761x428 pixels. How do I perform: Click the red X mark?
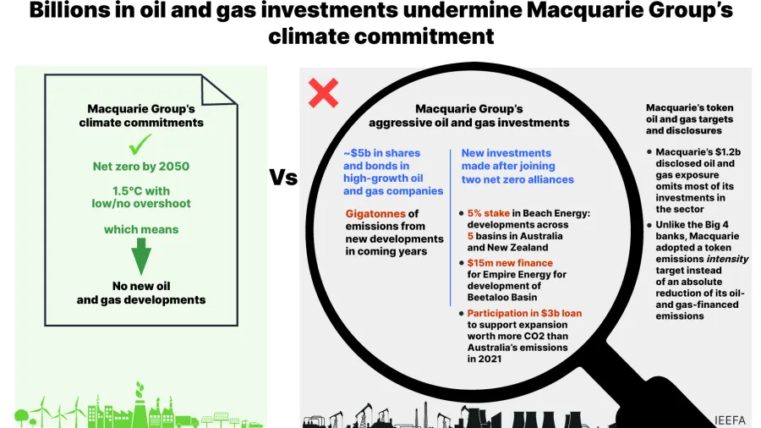click(x=323, y=93)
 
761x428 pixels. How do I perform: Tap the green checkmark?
click(x=142, y=145)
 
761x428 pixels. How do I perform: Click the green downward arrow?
click(x=142, y=255)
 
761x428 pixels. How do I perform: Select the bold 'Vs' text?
click(x=283, y=178)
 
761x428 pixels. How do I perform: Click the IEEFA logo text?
click(x=731, y=419)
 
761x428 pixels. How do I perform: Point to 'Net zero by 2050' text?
click(x=142, y=167)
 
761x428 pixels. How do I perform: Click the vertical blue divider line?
click(x=451, y=228)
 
